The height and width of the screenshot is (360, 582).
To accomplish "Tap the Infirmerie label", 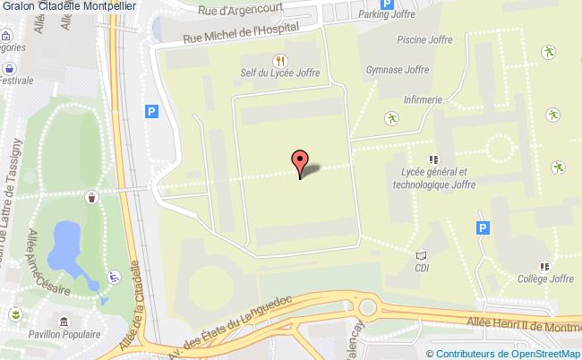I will (425, 100).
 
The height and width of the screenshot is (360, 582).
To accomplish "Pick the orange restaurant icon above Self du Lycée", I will (280, 60).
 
